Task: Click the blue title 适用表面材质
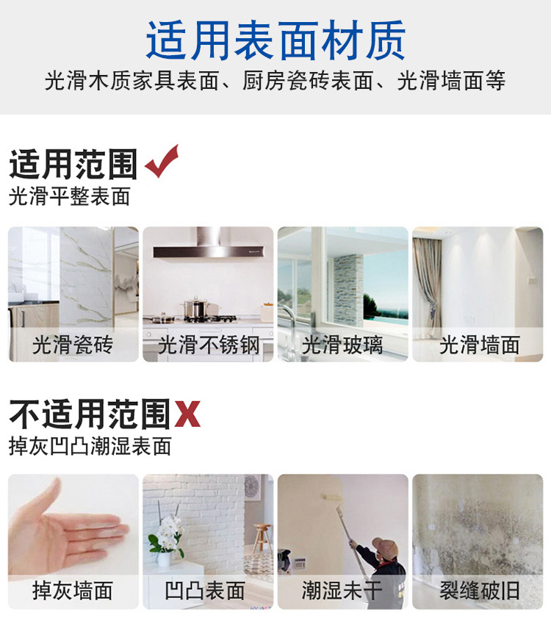point(275,40)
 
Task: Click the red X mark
point(187,415)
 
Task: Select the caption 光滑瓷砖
point(73,345)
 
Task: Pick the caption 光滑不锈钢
point(209,345)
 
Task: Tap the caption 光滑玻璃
point(342,345)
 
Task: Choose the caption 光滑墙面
point(479,345)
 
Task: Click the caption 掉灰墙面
point(73,590)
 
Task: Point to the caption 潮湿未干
point(342,590)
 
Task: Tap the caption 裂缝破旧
point(479,590)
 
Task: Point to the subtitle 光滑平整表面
point(70,197)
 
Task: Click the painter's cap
point(386,546)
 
